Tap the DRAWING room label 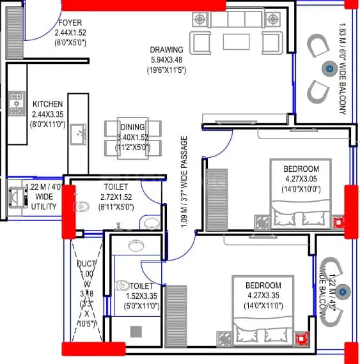click(166, 50)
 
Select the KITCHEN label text click(47, 104)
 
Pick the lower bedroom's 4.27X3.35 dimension click(263, 295)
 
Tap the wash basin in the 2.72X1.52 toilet click(150, 223)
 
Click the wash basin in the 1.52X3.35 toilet click(136, 246)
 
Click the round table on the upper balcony click(329, 69)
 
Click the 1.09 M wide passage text click(185, 185)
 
